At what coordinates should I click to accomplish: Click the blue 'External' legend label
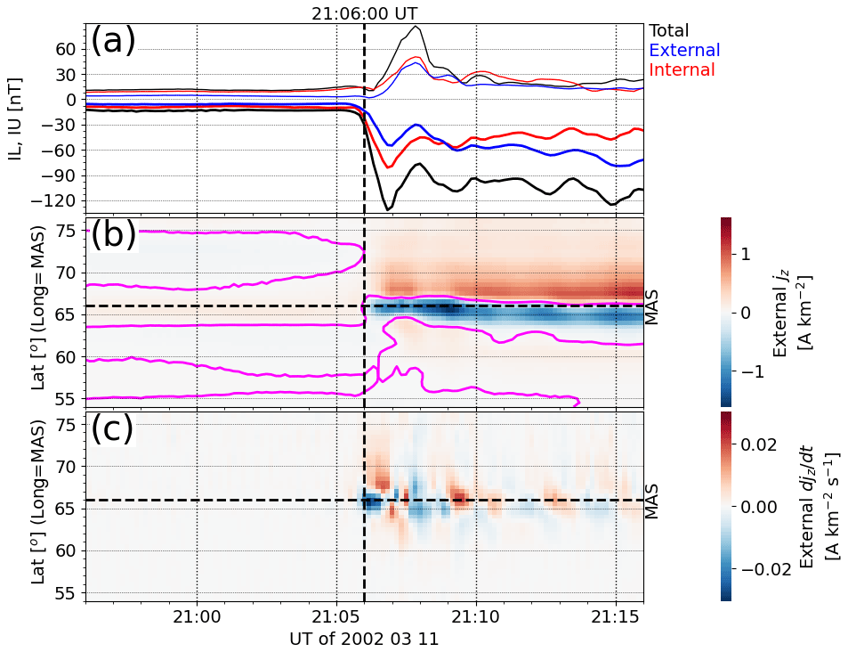pos(684,50)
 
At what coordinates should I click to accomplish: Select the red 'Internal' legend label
pos(682,69)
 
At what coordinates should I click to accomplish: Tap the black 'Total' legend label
pos(669,30)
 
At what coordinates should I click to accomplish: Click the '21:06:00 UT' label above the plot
pos(364,13)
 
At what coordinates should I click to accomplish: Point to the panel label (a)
pos(113,41)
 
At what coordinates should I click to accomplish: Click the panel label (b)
pos(113,233)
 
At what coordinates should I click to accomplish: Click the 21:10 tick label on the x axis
pos(476,615)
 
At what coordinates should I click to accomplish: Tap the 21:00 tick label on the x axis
pos(197,615)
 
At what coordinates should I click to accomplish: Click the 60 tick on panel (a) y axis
pos(65,49)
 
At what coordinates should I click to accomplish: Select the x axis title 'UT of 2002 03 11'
pos(364,638)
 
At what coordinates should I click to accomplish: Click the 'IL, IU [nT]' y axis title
pos(16,125)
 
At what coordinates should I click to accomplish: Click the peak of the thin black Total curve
pos(416,26)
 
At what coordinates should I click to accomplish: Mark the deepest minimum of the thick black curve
pos(387,210)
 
